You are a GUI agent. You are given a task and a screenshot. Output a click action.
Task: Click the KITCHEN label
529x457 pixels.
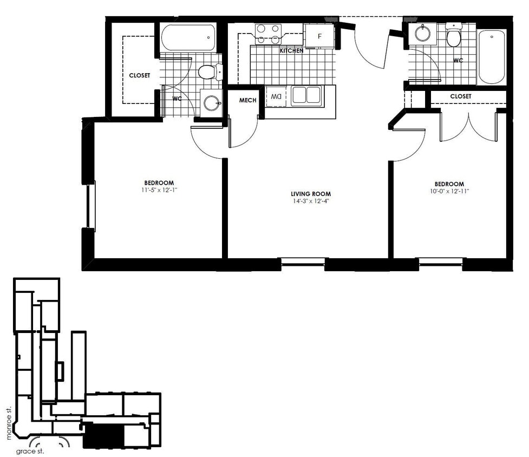click(x=291, y=51)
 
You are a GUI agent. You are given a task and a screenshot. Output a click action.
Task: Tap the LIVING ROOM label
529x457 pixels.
click(x=310, y=194)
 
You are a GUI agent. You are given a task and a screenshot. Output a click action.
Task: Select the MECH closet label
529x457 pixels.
click(x=247, y=100)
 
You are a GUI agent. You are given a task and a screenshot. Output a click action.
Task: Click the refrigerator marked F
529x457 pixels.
click(x=319, y=36)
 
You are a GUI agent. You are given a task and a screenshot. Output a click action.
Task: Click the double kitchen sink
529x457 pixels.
click(x=306, y=95)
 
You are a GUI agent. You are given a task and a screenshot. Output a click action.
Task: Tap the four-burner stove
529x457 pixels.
click(x=268, y=34)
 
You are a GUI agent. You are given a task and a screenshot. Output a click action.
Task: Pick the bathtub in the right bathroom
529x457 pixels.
click(x=492, y=57)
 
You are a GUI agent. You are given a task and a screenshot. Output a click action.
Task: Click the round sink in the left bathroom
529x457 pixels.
click(x=212, y=102)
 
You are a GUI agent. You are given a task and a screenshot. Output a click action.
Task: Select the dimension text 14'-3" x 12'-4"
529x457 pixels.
click(x=310, y=201)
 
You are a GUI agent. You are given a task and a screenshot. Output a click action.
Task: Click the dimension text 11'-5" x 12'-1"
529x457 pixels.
click(x=159, y=190)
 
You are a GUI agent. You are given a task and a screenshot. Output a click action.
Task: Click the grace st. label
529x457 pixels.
click(x=30, y=451)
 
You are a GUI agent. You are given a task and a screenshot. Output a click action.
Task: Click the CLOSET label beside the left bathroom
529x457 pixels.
click(x=139, y=76)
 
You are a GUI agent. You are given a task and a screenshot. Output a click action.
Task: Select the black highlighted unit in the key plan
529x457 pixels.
click(x=103, y=436)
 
